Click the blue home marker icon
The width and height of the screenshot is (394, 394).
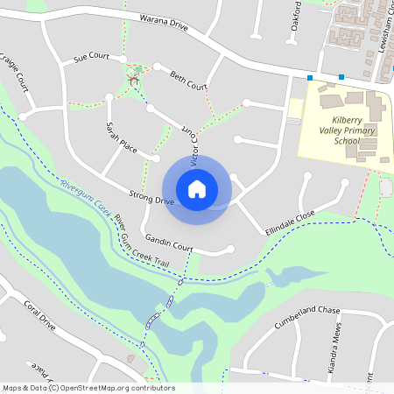coord(197,189)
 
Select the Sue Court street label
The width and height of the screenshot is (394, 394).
coord(91,57)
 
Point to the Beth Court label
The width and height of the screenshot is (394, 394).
coord(188,81)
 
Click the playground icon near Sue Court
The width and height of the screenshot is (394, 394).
coord(134,80)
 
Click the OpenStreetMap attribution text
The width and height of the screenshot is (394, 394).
coord(88,388)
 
